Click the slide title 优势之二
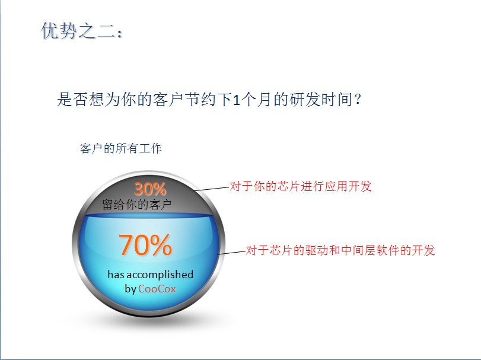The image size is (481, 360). click(x=82, y=31)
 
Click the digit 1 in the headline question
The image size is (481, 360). click(x=236, y=100)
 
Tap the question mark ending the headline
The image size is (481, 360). click(x=358, y=100)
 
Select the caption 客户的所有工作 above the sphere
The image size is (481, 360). click(x=120, y=148)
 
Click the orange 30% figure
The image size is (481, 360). click(x=150, y=189)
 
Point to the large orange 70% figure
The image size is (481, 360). click(x=145, y=245)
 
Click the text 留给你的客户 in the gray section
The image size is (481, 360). click(x=137, y=205)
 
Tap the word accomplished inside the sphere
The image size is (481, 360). click(x=160, y=275)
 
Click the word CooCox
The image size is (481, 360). click(x=157, y=289)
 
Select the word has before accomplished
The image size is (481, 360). click(x=116, y=275)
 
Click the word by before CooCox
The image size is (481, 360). click(x=130, y=289)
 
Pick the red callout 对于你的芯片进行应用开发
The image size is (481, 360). click(x=301, y=186)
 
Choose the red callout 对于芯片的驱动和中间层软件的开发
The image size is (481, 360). click(x=340, y=250)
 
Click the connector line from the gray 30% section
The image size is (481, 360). click(x=212, y=188)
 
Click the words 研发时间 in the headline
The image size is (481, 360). click(x=321, y=100)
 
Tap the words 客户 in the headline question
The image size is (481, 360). click(x=168, y=100)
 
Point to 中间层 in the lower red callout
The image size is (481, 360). click(x=358, y=250)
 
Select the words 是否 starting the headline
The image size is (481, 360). click(x=73, y=100)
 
